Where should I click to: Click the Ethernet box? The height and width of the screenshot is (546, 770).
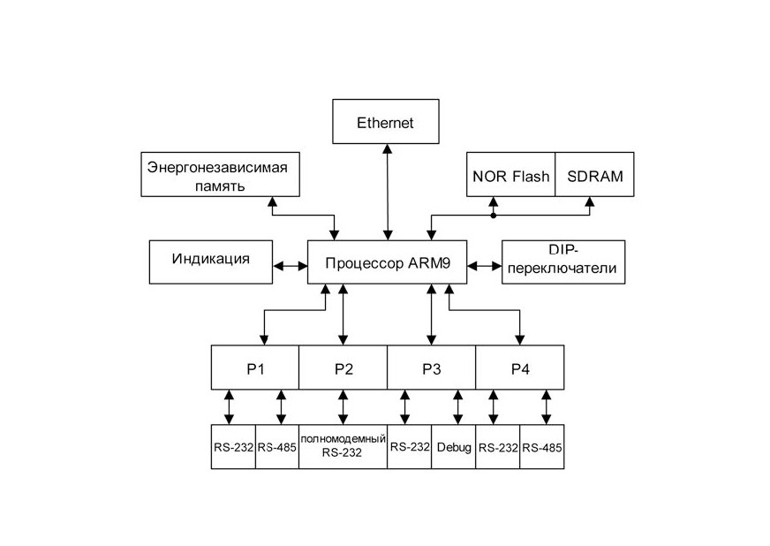point(386,121)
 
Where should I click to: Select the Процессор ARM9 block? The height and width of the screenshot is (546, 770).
point(387,262)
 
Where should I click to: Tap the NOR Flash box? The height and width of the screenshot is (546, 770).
point(510,174)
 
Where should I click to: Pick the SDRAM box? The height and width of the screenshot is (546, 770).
point(594,174)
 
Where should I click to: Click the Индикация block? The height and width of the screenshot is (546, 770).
point(211,262)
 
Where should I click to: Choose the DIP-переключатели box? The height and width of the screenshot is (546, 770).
point(563,262)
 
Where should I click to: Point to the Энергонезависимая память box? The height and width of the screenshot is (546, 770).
point(220,174)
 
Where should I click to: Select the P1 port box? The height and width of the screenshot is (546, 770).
point(255,368)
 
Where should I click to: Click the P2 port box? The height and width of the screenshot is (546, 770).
point(343,368)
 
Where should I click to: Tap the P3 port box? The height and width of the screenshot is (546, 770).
point(431,368)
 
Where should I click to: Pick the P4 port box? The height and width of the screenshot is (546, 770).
point(519,368)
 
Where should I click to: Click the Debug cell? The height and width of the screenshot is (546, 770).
point(454,447)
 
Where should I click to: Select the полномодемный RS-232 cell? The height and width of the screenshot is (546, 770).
point(343,447)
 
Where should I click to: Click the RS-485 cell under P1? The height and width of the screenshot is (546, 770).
point(277,447)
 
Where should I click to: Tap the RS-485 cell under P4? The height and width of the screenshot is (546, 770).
point(542,447)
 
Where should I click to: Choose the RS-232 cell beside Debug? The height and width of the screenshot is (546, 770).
point(410,447)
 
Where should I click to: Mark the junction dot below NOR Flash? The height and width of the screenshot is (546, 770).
point(494,216)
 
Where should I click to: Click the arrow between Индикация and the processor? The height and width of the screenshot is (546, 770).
point(291,266)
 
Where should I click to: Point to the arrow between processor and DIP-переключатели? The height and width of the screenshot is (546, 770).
point(484,266)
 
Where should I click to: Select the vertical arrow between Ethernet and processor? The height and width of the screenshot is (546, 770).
point(388,192)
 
